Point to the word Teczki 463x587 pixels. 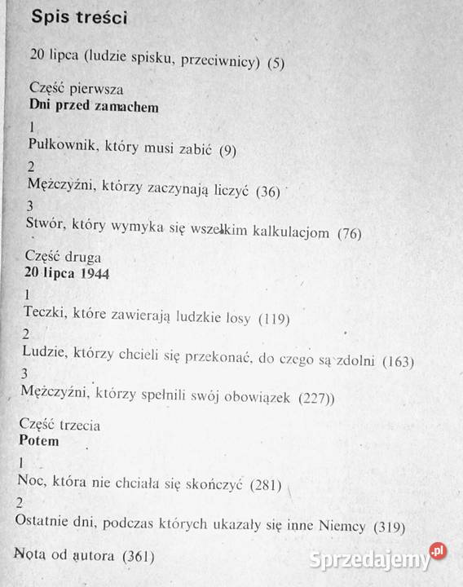tap(46, 314)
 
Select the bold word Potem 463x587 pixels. tap(38, 441)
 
